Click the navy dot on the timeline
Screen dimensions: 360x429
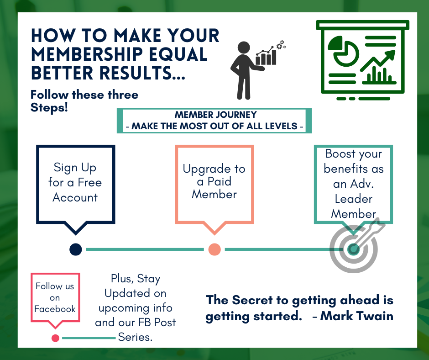pos(76,249)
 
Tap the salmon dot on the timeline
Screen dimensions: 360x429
pos(214,249)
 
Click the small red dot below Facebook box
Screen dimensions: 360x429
pos(55,338)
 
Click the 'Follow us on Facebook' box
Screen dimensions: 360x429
pos(55,298)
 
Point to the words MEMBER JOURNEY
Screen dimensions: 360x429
pos(215,115)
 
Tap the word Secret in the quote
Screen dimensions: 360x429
pos(254,300)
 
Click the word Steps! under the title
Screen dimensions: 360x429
pos(49,109)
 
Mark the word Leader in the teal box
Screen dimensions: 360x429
pos(353,199)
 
